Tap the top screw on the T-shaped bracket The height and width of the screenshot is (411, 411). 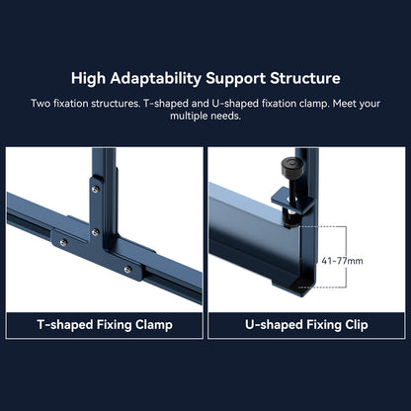point(95,189)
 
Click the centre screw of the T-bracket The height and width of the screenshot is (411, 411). point(95,232)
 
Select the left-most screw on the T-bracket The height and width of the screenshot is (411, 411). point(62,240)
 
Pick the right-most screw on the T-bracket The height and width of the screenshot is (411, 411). point(127,266)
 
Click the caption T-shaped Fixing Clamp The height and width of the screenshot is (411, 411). point(104,324)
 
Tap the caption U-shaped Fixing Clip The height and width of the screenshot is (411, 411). point(306,324)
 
